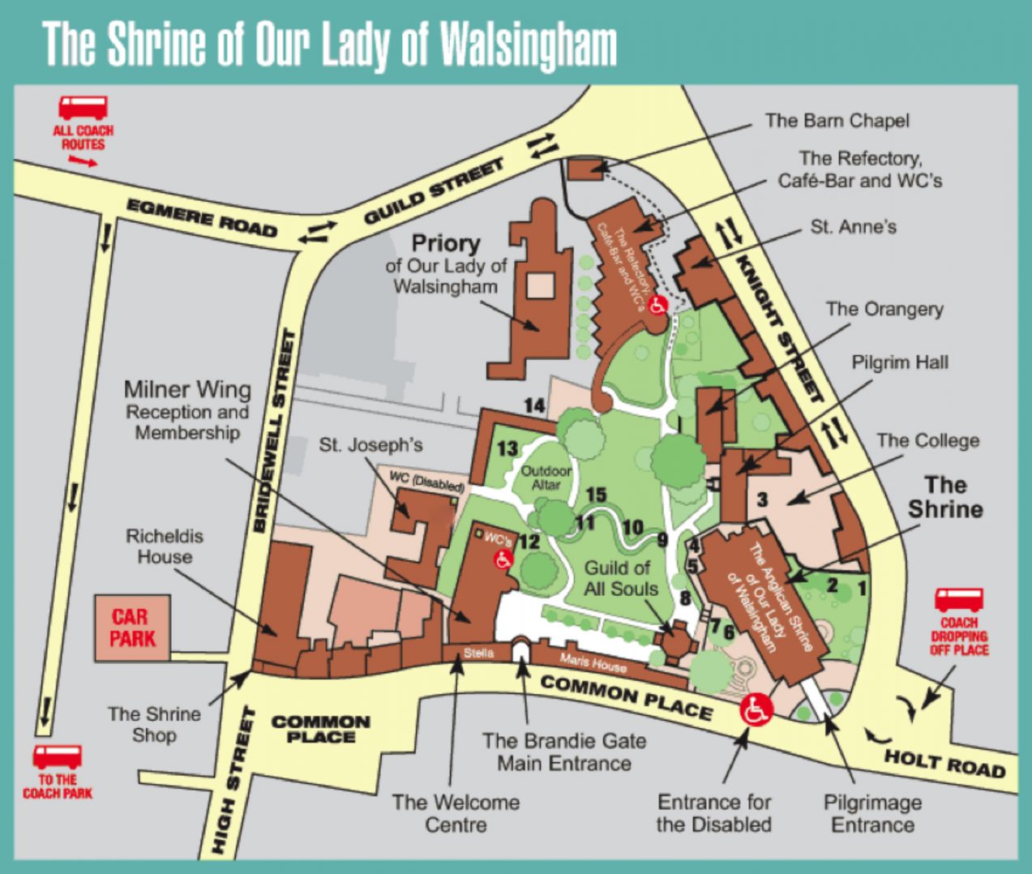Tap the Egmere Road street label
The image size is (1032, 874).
(202, 218)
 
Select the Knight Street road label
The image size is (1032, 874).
(779, 328)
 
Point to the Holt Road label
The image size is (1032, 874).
(944, 762)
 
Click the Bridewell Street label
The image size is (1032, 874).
(272, 431)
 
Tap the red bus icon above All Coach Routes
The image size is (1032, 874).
(83, 108)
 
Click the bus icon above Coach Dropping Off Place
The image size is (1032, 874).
(959, 601)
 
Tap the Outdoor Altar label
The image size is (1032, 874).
(546, 477)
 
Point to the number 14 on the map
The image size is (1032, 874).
(534, 405)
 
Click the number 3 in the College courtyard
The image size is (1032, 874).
(762, 499)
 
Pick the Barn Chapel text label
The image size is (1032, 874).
(837, 121)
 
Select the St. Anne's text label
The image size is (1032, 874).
(853, 227)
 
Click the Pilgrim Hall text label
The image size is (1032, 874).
(899, 362)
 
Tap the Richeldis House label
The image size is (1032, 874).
(165, 546)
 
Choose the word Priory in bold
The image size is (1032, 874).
(446, 242)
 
